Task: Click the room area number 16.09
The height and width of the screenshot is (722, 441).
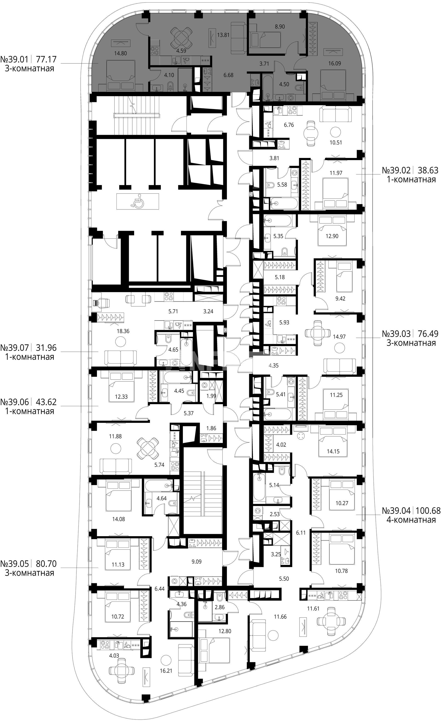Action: click(334, 63)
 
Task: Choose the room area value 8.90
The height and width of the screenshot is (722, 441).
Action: click(280, 27)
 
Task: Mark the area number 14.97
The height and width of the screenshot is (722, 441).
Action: click(339, 337)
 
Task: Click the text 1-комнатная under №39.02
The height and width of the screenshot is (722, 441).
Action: click(411, 179)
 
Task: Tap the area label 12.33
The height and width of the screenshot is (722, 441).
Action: click(121, 397)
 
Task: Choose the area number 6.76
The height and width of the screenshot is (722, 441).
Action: click(289, 125)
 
